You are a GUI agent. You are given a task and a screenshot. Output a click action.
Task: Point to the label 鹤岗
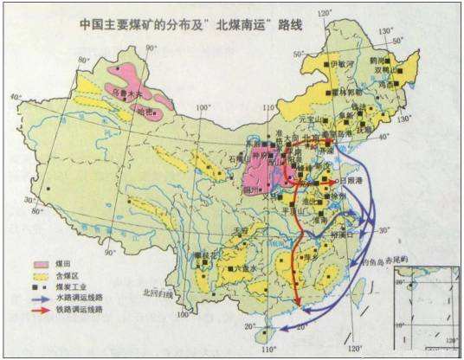tap(376, 61)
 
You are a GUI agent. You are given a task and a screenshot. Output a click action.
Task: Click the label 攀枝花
tap(205, 254)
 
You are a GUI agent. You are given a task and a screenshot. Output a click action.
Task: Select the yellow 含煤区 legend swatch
tap(39, 273)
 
